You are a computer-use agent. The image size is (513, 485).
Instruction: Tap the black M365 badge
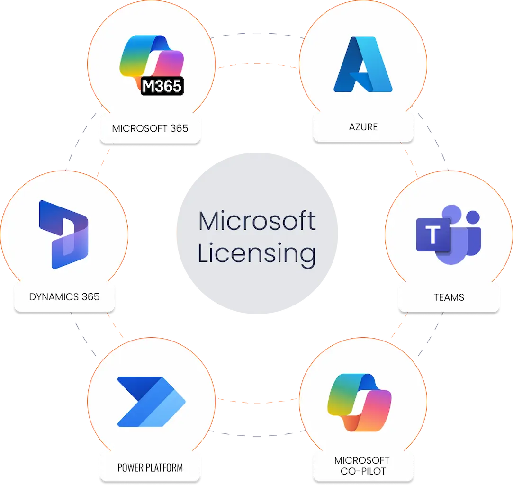click(162, 86)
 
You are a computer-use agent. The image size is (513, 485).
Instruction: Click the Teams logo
click(448, 235)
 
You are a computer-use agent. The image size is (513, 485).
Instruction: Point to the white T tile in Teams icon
click(432, 235)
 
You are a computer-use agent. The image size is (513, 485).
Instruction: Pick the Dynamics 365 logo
click(63, 234)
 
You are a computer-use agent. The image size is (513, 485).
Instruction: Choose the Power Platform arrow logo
click(151, 402)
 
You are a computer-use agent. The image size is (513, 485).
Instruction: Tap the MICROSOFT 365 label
click(150, 128)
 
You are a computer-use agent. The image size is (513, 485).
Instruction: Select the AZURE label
click(363, 127)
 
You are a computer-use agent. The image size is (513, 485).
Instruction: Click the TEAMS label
click(449, 298)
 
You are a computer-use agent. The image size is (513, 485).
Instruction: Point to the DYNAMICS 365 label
click(64, 297)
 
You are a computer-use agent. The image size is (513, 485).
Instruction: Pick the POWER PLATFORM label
click(150, 468)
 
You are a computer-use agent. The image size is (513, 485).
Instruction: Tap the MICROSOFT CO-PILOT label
click(362, 466)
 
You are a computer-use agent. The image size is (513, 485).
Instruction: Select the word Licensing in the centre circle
click(257, 253)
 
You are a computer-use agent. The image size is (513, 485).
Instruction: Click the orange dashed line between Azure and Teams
click(410, 159)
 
